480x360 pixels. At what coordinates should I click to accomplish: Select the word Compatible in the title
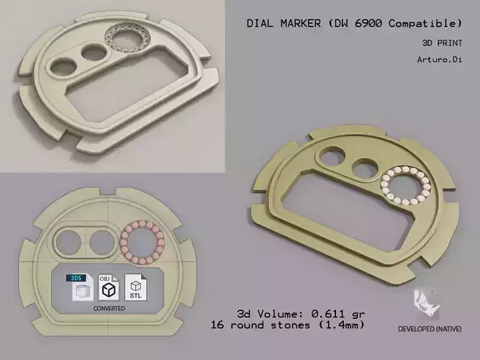pos(423,24)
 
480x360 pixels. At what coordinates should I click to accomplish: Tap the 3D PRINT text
pos(440,42)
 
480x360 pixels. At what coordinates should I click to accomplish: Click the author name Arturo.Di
pos(438,60)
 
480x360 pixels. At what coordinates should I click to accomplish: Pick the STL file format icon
pos(135,287)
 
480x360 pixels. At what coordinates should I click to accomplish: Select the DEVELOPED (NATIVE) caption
pos(430,330)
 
